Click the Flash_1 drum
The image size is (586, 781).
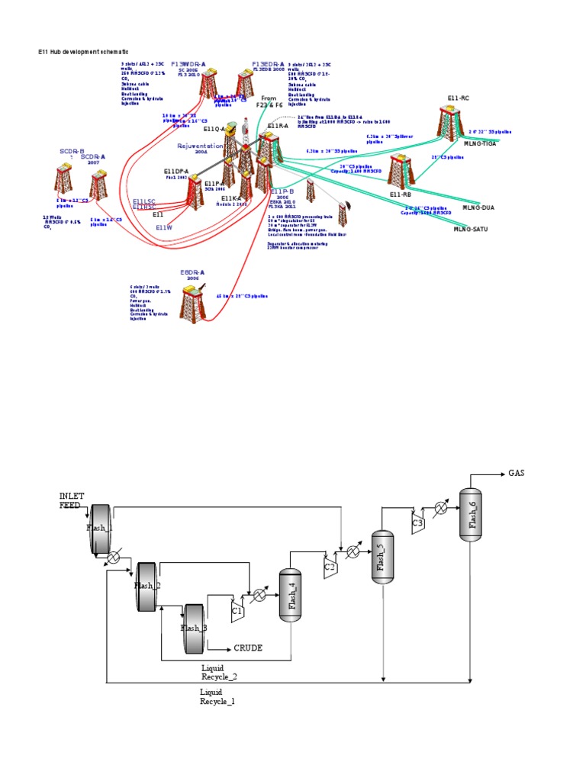(x=101, y=527)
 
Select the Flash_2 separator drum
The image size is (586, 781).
(x=146, y=585)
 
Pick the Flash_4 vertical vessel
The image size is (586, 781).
(x=290, y=595)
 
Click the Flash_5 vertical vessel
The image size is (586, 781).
(x=382, y=557)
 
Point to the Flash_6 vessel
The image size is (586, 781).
(x=472, y=515)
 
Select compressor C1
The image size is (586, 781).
(x=237, y=608)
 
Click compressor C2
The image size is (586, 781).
(x=330, y=567)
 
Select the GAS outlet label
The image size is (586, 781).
(x=517, y=473)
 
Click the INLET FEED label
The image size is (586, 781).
(x=69, y=500)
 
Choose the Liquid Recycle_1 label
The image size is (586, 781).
(x=217, y=696)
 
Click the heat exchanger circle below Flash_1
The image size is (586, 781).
(x=114, y=558)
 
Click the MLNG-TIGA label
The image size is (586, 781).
(x=480, y=143)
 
